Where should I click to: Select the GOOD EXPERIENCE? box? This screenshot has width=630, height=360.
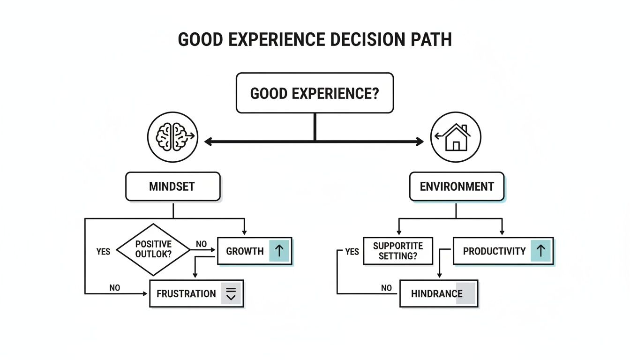pos(315,93)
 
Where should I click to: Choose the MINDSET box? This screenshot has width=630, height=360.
pos(172,187)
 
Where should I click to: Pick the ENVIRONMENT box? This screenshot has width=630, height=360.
pos(457,187)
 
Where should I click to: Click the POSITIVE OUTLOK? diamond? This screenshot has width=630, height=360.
pos(153,249)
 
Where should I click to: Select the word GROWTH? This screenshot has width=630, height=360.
pos(245,251)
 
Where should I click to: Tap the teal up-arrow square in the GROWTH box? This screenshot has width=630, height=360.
pos(279,251)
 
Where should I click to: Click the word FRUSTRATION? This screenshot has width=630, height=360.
pos(186,294)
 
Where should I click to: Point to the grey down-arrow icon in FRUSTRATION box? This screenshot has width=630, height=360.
pos(231,294)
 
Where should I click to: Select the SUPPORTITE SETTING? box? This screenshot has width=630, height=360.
pos(398,251)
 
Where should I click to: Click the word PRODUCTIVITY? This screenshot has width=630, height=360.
pos(494,251)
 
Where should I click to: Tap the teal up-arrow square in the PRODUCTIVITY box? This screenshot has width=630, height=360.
pos(540,251)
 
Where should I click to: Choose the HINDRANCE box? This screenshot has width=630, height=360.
pos(438,294)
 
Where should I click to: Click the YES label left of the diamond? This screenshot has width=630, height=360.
pos(103,252)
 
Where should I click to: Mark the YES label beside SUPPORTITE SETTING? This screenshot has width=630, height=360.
pos(352,252)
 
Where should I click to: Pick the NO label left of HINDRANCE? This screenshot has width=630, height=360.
pos(386,288)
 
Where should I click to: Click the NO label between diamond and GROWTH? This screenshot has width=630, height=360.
pos(202,244)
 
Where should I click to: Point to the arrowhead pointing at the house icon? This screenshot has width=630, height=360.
pos(420,141)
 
